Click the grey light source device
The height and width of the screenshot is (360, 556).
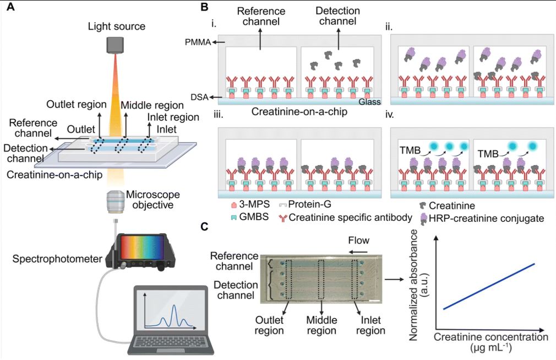(116, 45)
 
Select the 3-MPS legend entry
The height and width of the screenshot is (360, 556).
(244, 205)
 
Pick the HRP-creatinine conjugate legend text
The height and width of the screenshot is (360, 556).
(481, 219)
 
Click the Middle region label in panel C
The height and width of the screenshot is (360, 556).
(321, 325)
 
